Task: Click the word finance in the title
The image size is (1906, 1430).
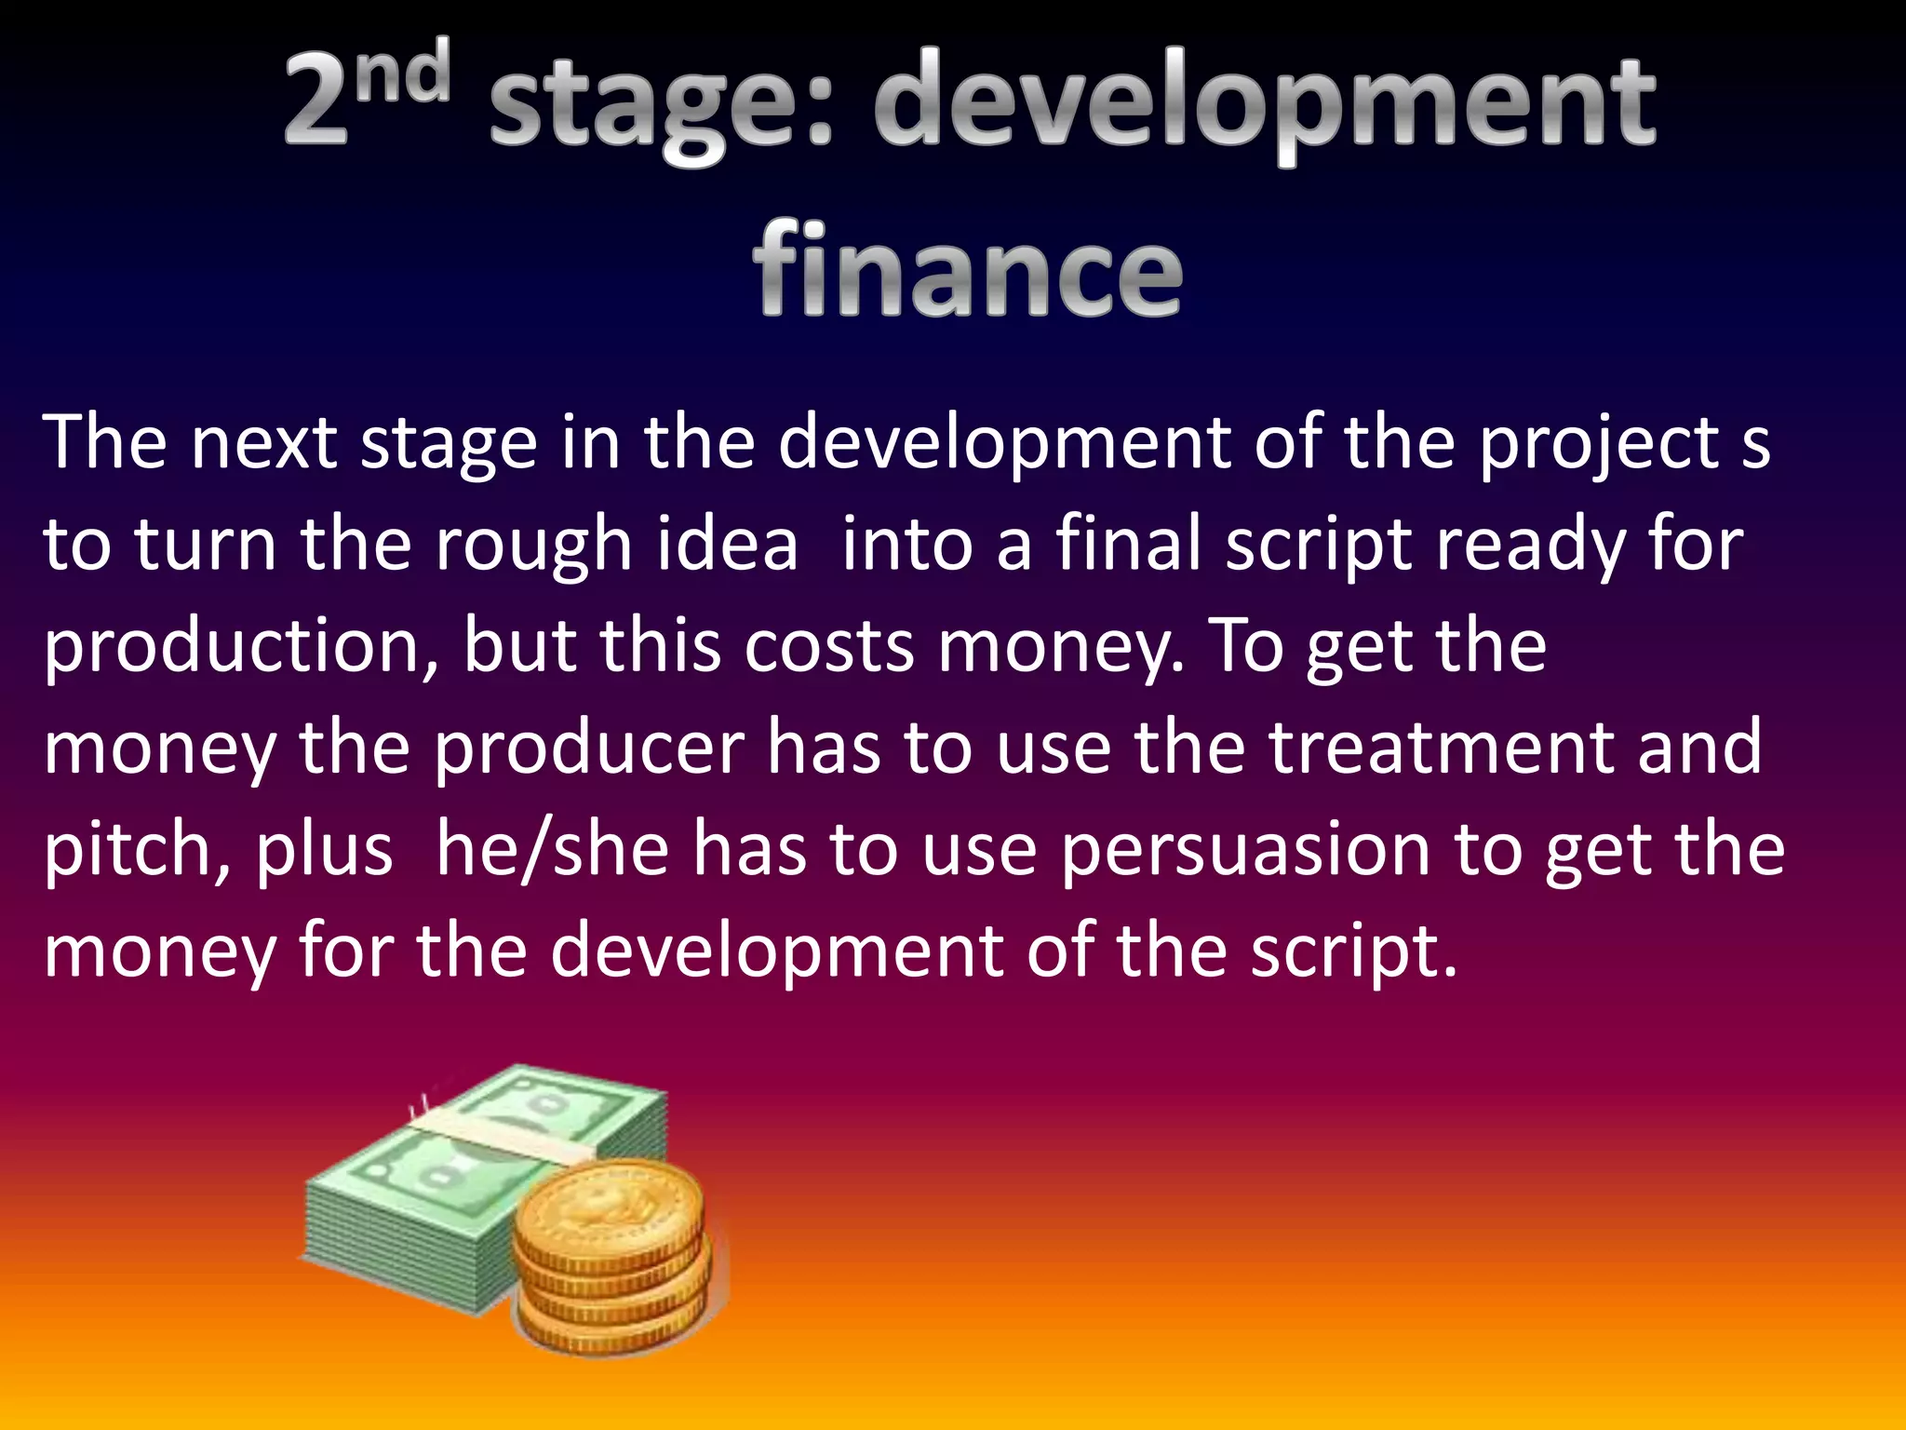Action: point(968,270)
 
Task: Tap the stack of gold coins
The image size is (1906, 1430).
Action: point(614,1257)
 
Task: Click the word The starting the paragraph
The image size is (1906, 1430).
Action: point(104,441)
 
